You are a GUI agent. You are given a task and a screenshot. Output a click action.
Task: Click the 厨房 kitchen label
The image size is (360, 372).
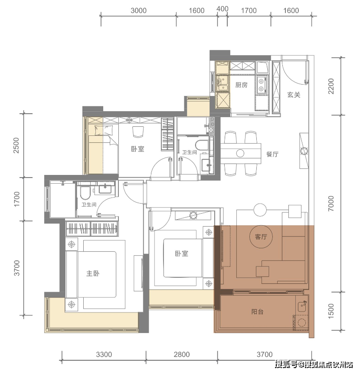(241, 85)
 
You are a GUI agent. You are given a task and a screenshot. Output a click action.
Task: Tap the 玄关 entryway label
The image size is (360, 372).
(294, 95)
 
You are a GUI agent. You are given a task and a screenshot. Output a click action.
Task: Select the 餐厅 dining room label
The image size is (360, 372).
(272, 154)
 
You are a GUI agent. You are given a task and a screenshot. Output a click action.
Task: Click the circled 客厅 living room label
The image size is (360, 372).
(261, 237)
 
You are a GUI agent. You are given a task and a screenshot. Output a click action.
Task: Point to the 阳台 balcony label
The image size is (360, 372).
(257, 312)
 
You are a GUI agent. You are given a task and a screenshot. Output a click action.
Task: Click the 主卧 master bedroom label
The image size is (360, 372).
(93, 273)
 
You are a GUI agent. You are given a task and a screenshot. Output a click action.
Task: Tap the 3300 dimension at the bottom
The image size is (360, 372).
(104, 355)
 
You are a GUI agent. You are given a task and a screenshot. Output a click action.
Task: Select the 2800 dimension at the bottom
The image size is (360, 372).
(182, 355)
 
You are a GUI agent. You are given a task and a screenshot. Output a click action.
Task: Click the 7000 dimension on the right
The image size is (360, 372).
(331, 204)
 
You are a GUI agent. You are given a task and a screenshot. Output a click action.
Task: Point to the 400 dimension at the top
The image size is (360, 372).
(223, 9)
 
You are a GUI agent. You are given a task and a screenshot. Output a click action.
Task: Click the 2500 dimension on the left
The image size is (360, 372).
(16, 145)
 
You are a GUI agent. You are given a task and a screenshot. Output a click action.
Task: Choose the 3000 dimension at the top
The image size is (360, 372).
(138, 10)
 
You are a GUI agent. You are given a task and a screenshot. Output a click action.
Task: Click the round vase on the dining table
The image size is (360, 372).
(240, 153)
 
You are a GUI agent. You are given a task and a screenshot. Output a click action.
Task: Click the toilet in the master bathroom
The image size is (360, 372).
(85, 193)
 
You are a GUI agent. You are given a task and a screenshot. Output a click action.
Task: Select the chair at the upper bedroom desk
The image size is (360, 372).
(138, 132)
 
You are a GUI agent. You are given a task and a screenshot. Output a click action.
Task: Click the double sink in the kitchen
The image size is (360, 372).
(223, 82)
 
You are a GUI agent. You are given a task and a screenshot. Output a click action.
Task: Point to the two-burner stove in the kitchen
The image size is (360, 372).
(262, 85)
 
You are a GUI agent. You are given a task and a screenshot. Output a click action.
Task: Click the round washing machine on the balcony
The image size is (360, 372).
(302, 323)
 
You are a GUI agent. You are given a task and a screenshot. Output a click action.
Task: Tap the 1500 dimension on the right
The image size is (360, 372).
(331, 311)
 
